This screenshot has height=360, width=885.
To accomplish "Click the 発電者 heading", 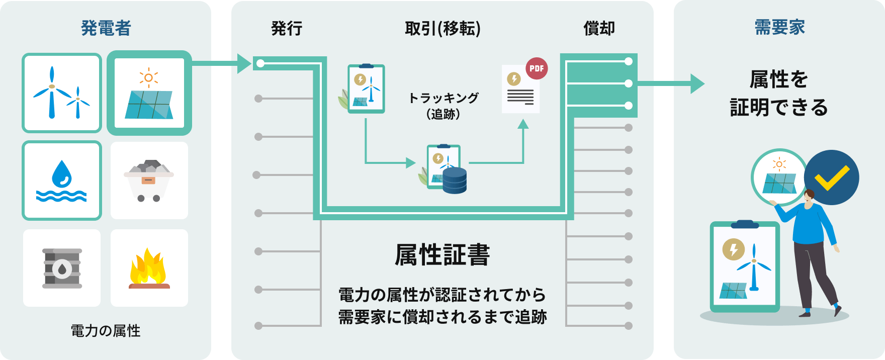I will pos(106,28).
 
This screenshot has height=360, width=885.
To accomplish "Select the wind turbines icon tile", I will pos(62,93).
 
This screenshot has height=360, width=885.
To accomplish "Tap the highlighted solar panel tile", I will pos(149,93).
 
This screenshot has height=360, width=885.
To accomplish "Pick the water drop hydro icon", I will pos(62,181).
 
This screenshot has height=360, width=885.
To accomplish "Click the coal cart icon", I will pos(149,181).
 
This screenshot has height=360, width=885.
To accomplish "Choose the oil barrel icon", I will pos(62,268).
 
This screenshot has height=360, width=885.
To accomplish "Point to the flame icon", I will pos(149,268).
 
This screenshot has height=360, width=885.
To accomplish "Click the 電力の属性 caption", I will pos(106,331).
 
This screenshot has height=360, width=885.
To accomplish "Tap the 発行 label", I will pos(287,29).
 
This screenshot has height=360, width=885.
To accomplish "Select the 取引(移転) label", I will pos(442,29).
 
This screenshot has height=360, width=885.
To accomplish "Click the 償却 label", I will pos(599,29).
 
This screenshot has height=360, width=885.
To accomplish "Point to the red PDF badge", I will pos(537,68).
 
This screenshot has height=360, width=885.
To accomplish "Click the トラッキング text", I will pos(443,98).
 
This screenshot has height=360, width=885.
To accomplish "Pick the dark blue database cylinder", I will pos(455,181).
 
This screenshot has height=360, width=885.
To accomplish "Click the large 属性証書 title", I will pos(442,254).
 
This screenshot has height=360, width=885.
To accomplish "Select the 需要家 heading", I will pos(779,27).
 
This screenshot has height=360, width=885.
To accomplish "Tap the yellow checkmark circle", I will pos(831,177).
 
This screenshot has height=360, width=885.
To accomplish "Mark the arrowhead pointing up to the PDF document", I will pos(523,123).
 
